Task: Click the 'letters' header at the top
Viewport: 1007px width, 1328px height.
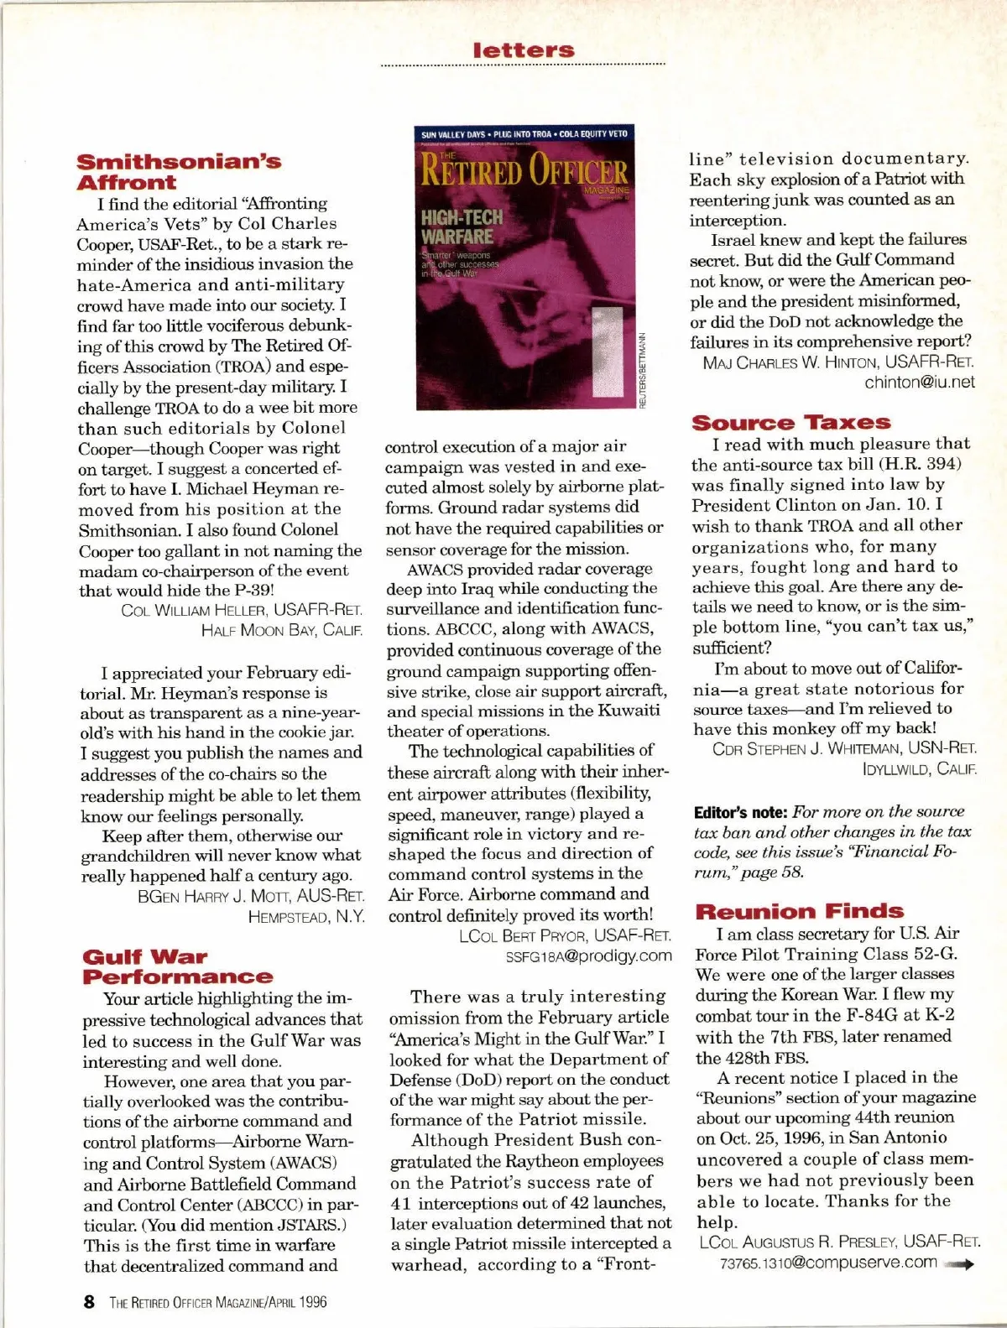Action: tap(524, 50)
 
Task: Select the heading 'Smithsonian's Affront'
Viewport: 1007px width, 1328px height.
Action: tap(178, 172)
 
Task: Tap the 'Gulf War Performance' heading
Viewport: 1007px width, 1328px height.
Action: tap(177, 966)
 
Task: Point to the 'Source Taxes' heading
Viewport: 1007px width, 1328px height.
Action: tap(790, 423)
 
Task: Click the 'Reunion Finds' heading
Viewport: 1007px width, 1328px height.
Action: tap(799, 911)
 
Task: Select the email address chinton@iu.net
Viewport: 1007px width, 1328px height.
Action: tap(920, 383)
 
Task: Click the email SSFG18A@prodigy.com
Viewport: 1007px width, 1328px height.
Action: tap(588, 956)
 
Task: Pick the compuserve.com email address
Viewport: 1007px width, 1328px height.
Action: tap(828, 1263)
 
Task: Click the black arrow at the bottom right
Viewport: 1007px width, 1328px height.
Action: tap(958, 1265)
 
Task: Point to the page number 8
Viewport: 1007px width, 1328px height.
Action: tap(89, 1302)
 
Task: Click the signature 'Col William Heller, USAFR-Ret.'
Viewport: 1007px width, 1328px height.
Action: tap(242, 610)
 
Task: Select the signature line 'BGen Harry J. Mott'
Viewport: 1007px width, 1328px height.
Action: tap(251, 897)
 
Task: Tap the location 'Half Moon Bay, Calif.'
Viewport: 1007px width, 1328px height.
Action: tap(282, 630)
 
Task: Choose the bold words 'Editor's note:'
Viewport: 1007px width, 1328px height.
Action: tap(740, 812)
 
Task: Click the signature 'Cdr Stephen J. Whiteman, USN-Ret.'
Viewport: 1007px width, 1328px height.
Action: tap(843, 748)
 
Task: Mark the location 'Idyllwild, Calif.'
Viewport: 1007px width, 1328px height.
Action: tap(919, 768)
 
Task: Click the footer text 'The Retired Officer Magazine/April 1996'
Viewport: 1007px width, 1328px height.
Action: tap(217, 1302)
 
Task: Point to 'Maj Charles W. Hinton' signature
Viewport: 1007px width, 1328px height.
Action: tap(838, 362)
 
